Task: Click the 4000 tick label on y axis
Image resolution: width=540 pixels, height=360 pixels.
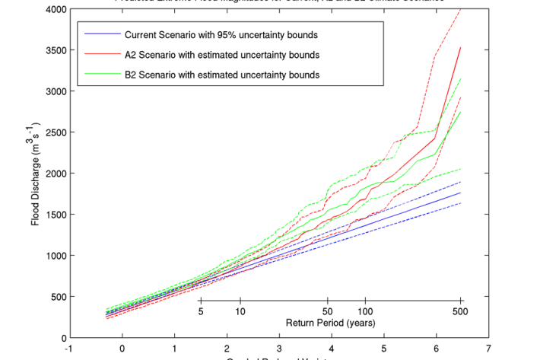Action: [54, 9]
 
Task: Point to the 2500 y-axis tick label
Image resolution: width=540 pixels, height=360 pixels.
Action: [54, 132]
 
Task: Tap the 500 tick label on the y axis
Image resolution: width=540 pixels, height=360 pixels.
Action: [57, 297]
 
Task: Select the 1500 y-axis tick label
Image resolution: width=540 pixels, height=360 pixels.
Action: [54, 215]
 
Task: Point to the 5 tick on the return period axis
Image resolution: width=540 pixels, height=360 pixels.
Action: [201, 311]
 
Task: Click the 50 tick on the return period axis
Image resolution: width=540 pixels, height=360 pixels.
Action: [328, 311]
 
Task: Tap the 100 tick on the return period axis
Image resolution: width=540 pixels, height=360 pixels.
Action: [366, 311]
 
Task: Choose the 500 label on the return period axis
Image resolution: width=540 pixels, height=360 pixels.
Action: [460, 311]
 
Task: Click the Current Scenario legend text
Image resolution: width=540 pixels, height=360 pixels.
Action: [221, 36]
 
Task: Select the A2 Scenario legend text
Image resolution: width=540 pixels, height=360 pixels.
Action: [221, 56]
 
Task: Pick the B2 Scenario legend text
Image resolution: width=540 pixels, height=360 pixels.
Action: [221, 75]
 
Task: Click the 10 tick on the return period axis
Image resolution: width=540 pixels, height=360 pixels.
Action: [240, 311]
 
